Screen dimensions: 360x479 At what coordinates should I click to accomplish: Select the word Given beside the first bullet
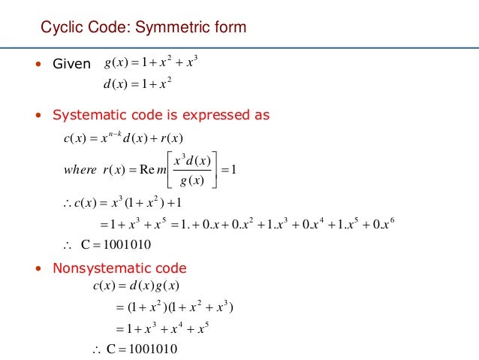70,64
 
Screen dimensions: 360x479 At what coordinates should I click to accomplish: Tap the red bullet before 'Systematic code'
38,116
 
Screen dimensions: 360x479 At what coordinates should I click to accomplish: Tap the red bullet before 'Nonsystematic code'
38,268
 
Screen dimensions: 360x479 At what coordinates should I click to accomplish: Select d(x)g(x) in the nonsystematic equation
158,286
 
